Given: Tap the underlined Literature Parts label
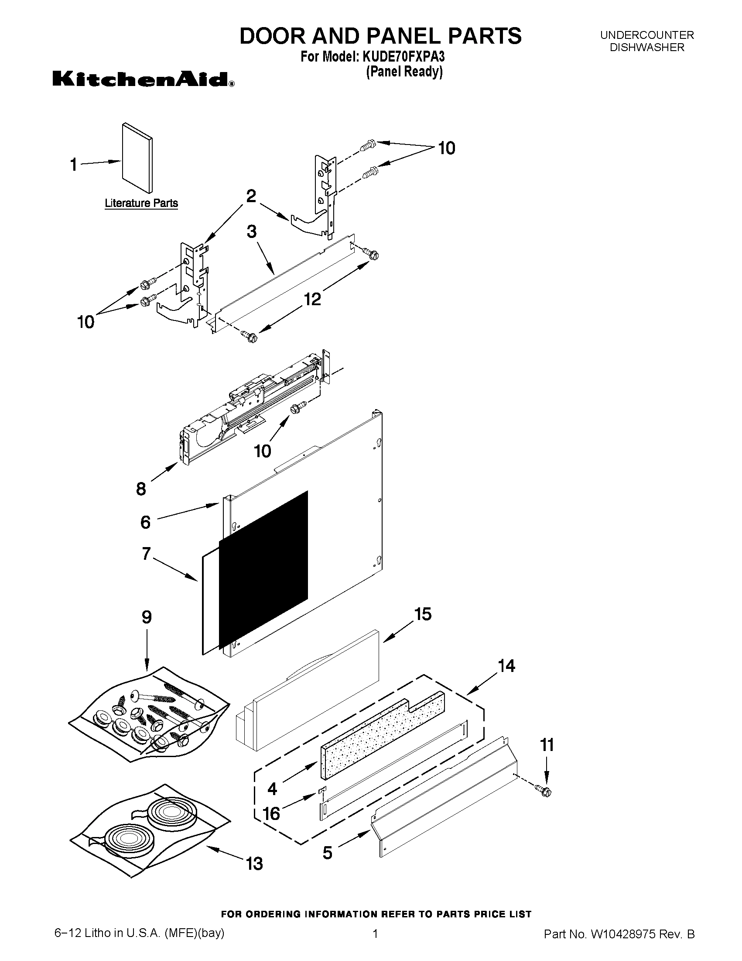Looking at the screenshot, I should pyautogui.click(x=141, y=203).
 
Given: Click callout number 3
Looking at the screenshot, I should pyautogui.click(x=251, y=231).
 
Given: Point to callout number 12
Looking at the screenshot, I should pyautogui.click(x=312, y=299).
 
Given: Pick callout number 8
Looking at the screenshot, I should pyautogui.click(x=140, y=489).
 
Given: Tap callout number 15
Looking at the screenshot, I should pyautogui.click(x=423, y=614).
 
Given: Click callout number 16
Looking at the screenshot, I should pyautogui.click(x=271, y=813).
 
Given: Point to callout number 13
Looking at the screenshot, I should pyautogui.click(x=254, y=864).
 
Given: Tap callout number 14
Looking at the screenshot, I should pyautogui.click(x=506, y=666).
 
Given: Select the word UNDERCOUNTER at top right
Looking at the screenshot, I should pyautogui.click(x=646, y=35).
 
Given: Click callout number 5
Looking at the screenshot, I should pyautogui.click(x=328, y=853).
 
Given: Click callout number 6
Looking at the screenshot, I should pyautogui.click(x=146, y=522).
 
